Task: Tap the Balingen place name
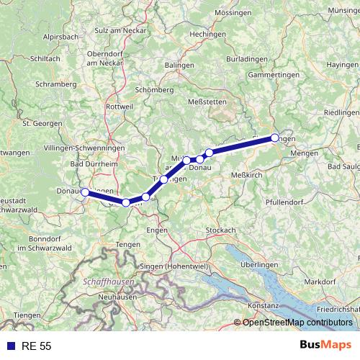pos(179,66)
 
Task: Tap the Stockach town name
pos(220,230)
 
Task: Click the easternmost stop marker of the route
pos(274,138)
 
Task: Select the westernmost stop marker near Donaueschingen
pos(85,192)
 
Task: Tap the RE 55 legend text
pos(36,346)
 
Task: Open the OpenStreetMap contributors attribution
pos(297,323)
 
